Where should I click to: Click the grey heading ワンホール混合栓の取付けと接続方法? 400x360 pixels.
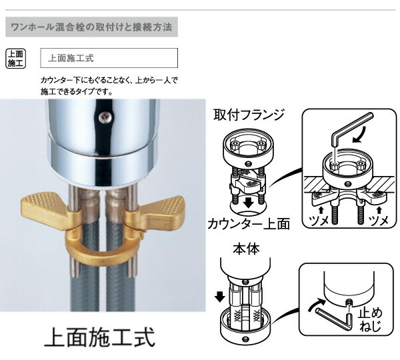[x=90, y=29]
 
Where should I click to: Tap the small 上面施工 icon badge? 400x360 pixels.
[x=15, y=58]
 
